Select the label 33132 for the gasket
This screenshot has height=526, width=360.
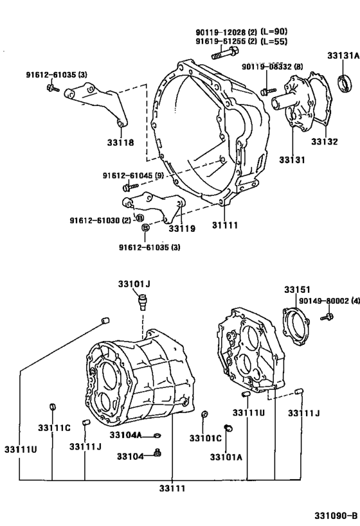pos(325,142)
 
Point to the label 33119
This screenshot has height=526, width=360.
pos(182,227)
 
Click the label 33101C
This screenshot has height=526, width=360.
pos(205,438)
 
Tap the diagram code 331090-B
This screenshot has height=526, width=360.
pos(335,516)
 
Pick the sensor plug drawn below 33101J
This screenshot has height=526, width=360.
pos(142,300)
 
